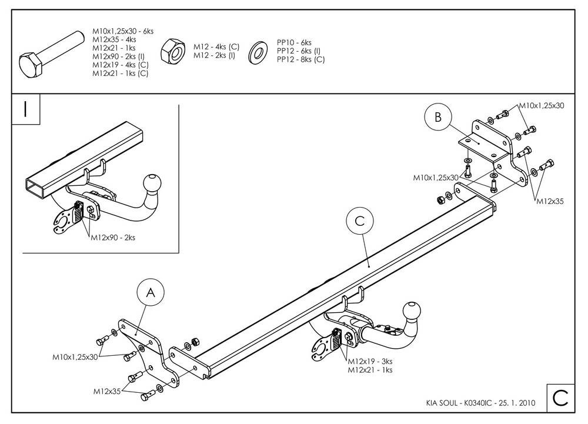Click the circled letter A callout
(x=151, y=292)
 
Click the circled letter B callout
(x=438, y=117)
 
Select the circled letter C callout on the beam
(x=360, y=221)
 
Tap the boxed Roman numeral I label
(x=25, y=109)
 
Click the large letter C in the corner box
(x=560, y=398)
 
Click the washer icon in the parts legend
(x=258, y=53)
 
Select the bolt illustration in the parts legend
(x=51, y=54)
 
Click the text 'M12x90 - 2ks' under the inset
(x=113, y=238)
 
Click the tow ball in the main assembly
(x=412, y=312)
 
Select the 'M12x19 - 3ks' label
(x=370, y=362)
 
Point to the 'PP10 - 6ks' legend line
(x=295, y=42)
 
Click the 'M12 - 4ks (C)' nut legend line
(x=216, y=47)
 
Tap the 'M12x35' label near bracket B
(x=550, y=201)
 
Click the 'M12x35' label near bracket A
(x=107, y=392)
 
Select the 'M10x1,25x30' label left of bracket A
(x=75, y=358)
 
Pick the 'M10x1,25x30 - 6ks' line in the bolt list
(x=123, y=31)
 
